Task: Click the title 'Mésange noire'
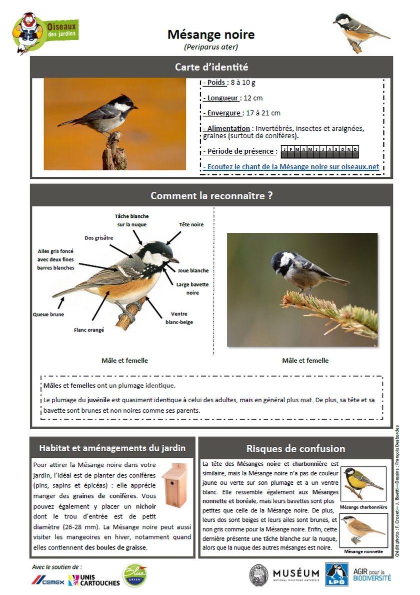click(x=210, y=35)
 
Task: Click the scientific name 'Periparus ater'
click(x=210, y=48)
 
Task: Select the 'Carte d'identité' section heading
click(x=211, y=67)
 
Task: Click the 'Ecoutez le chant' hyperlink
click(x=291, y=166)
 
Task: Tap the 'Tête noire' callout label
click(x=191, y=225)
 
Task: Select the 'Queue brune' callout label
click(x=48, y=315)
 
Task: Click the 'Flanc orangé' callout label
click(x=89, y=330)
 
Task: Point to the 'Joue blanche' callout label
click(x=192, y=270)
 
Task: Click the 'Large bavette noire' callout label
click(x=192, y=288)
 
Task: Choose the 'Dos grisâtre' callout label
click(x=99, y=238)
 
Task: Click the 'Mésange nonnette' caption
click(x=363, y=551)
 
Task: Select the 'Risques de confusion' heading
click(x=295, y=448)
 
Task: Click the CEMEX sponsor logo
click(x=48, y=580)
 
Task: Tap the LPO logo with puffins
click(x=336, y=574)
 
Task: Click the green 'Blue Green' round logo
click(x=134, y=574)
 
